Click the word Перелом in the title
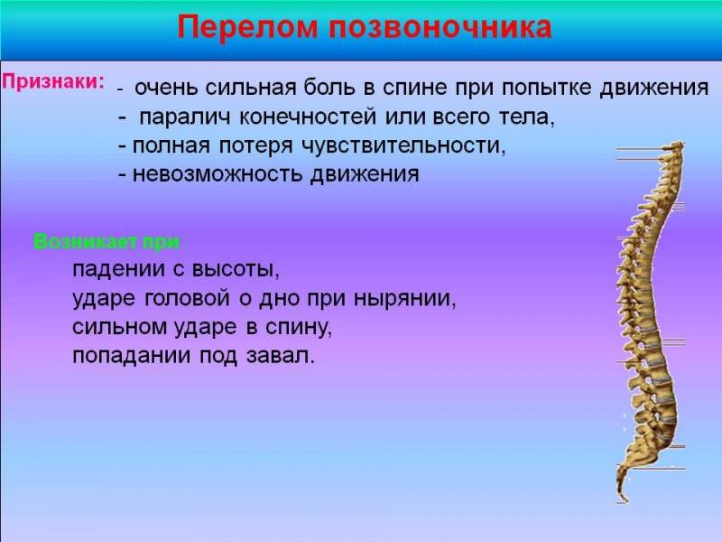click(247, 27)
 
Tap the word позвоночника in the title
click(440, 28)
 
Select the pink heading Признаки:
click(53, 82)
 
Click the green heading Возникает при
click(106, 241)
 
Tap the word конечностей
click(308, 117)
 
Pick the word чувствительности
click(402, 145)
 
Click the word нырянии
click(403, 299)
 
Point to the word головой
click(187, 298)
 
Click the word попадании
click(131, 356)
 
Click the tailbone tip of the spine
click(625, 500)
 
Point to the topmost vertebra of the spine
click(672, 147)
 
